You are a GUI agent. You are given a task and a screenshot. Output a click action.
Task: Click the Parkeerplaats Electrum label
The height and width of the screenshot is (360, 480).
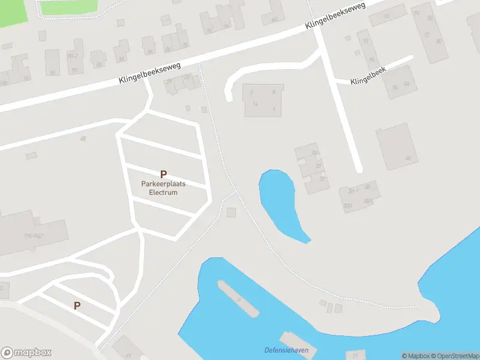click(163, 188)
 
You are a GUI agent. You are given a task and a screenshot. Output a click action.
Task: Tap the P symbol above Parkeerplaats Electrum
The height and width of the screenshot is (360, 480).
click(163, 174)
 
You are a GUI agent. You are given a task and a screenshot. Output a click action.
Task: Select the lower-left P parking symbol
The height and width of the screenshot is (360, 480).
click(77, 305)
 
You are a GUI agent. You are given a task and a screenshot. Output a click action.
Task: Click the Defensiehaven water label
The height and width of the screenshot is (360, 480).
click(282, 350)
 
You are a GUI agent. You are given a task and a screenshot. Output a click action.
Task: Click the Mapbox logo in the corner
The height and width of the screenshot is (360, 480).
click(26, 353)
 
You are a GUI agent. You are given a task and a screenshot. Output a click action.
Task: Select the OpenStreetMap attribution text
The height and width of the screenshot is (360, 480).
click(456, 356)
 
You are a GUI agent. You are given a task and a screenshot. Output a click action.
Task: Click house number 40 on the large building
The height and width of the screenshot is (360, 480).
click(408, 158)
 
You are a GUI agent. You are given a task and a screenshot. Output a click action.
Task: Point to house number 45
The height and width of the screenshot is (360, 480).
click(83, 139)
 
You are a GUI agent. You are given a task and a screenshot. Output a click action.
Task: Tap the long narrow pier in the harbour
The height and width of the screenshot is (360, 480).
click(239, 299)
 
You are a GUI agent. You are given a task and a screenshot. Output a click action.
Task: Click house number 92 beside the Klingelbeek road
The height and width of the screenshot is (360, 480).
click(365, 41)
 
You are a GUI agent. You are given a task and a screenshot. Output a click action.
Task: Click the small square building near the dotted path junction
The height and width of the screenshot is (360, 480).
click(232, 212)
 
